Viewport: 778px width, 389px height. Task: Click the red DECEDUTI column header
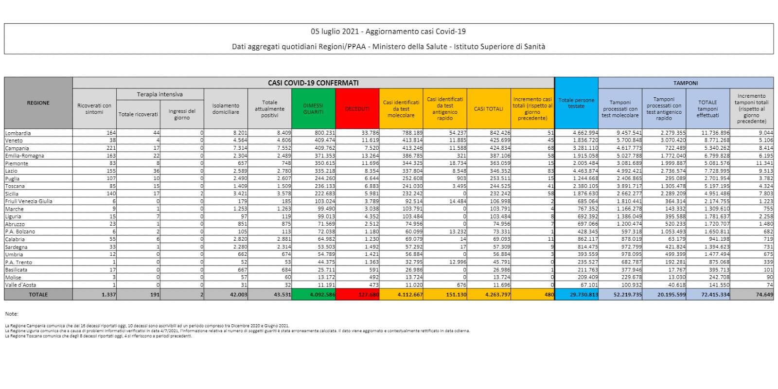[x=357, y=108]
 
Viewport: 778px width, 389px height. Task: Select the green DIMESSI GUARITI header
[x=313, y=108]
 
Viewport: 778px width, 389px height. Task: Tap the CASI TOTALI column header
[x=488, y=108]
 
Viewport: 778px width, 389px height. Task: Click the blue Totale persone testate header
[x=576, y=103]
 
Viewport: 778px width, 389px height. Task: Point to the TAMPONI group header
[x=686, y=83]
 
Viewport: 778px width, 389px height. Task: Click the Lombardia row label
[x=18, y=133]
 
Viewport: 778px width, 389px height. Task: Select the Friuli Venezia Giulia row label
[x=28, y=201]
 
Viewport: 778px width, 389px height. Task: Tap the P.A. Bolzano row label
[x=20, y=231]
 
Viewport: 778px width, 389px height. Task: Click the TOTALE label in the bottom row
[x=38, y=295]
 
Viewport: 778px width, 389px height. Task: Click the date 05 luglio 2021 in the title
[x=336, y=32]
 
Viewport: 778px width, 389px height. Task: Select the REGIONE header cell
[x=38, y=103]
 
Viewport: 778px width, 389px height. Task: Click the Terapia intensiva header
[x=159, y=94]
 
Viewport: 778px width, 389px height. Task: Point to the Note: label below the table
[x=12, y=314]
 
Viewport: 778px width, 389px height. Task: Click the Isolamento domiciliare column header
[x=226, y=108]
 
